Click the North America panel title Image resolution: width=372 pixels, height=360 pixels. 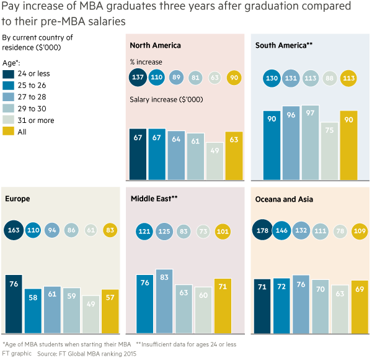coord(155,45)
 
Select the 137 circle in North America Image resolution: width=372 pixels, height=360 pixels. coord(138,77)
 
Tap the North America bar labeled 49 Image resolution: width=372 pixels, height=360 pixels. coord(215,161)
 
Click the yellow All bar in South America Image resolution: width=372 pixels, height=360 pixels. coord(348,145)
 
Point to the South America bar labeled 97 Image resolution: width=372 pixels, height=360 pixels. coord(310,143)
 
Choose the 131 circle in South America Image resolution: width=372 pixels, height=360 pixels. coord(291,78)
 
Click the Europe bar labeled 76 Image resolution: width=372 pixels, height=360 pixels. coord(14,304)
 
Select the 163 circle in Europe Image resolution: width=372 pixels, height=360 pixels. coord(14,230)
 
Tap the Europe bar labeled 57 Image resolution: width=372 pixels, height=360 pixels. coord(110,312)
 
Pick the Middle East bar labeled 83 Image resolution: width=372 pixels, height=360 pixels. coord(164,301)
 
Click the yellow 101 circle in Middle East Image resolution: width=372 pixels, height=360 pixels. coord(223,232)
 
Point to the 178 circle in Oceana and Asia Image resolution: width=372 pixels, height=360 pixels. coord(262,230)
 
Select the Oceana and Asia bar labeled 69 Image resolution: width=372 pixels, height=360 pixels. coord(360,307)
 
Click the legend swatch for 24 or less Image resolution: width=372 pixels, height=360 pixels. coord(8,74)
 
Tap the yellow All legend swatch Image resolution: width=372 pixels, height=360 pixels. coord(8,131)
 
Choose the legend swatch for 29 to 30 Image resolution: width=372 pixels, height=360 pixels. coord(8,108)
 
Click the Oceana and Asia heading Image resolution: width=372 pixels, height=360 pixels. coord(284,199)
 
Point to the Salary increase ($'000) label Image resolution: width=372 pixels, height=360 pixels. coord(166,99)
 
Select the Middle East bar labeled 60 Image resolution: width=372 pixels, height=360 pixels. coord(203,310)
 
